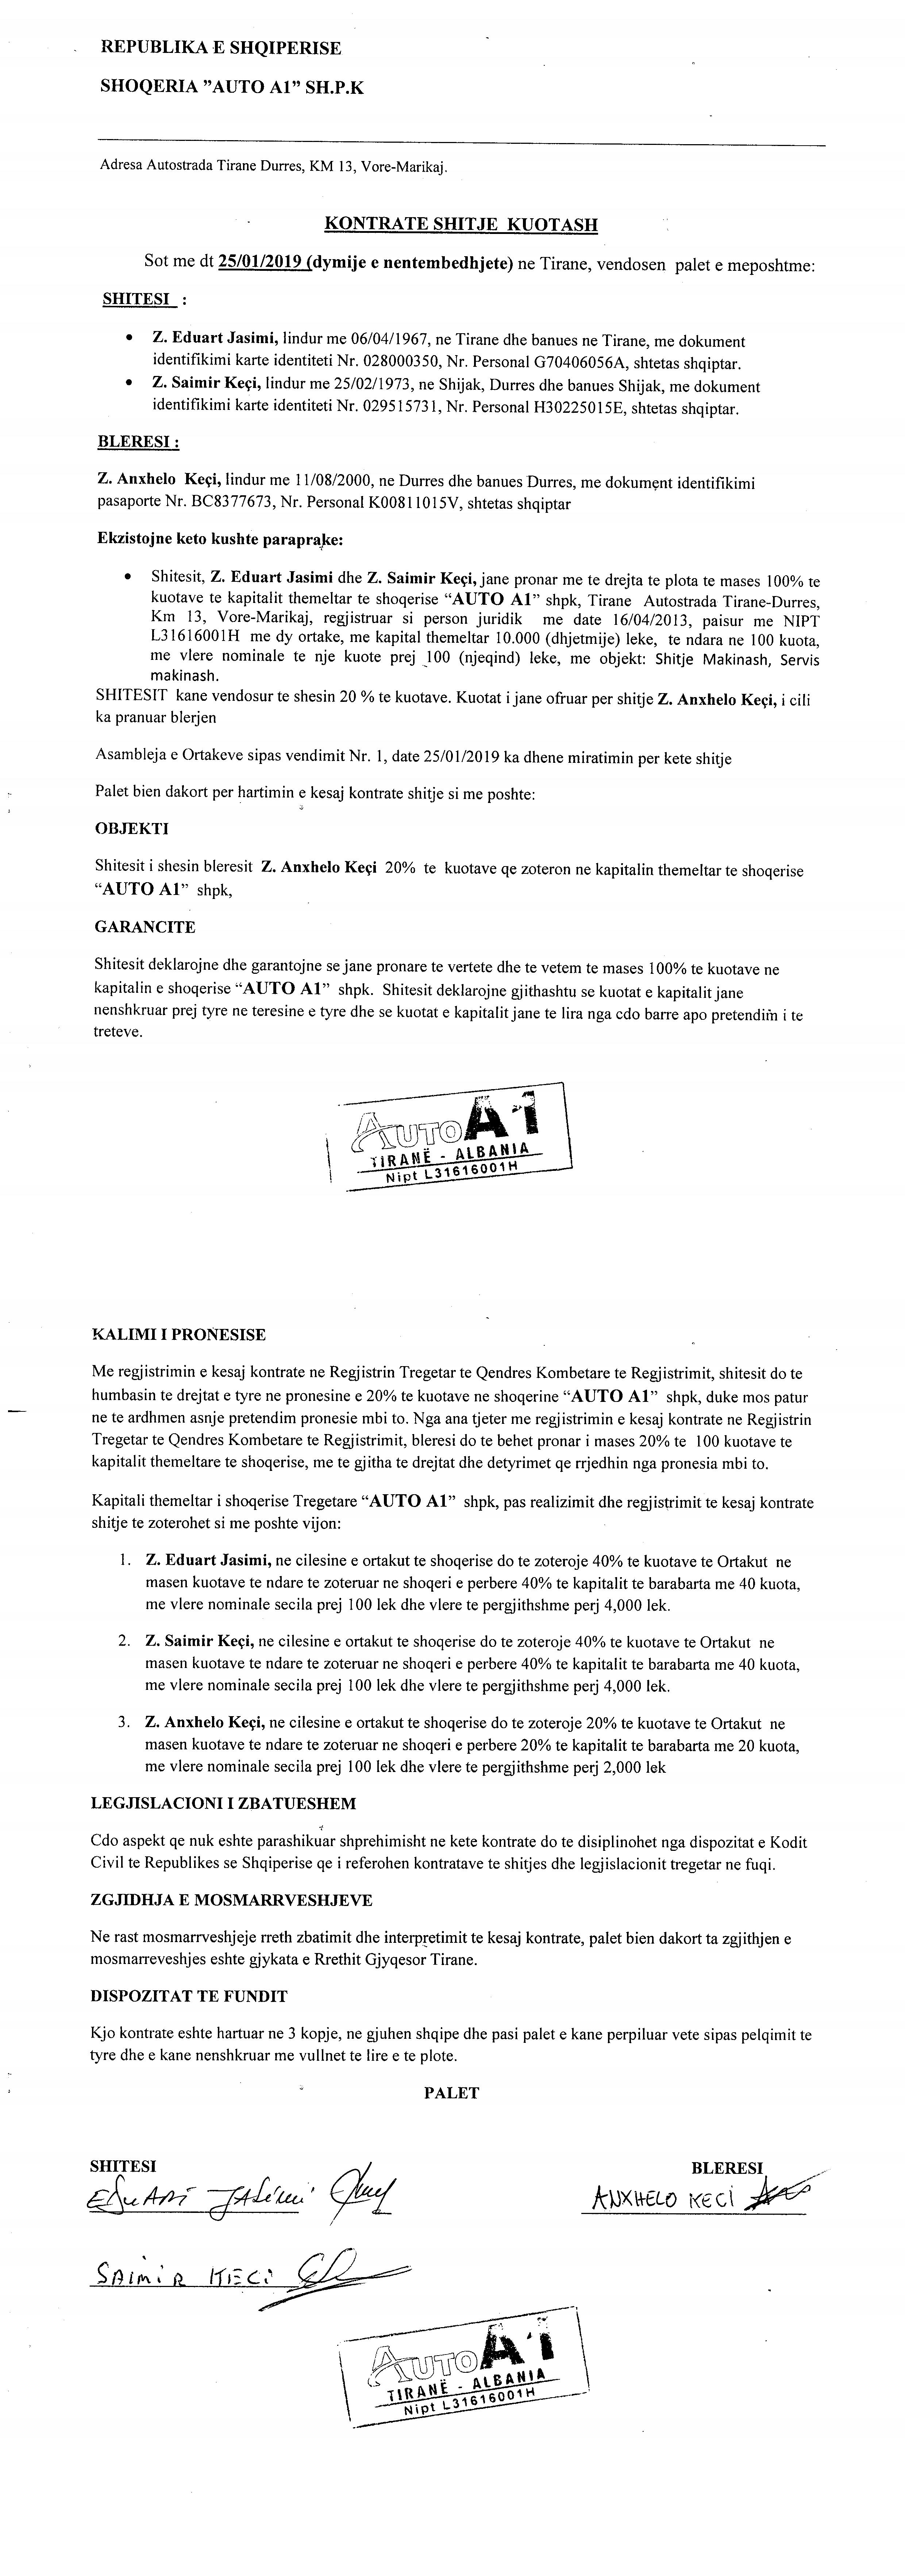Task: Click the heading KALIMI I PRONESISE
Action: click(179, 1335)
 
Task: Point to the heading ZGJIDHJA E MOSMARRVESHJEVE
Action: click(231, 1900)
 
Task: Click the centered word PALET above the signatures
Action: click(451, 2093)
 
